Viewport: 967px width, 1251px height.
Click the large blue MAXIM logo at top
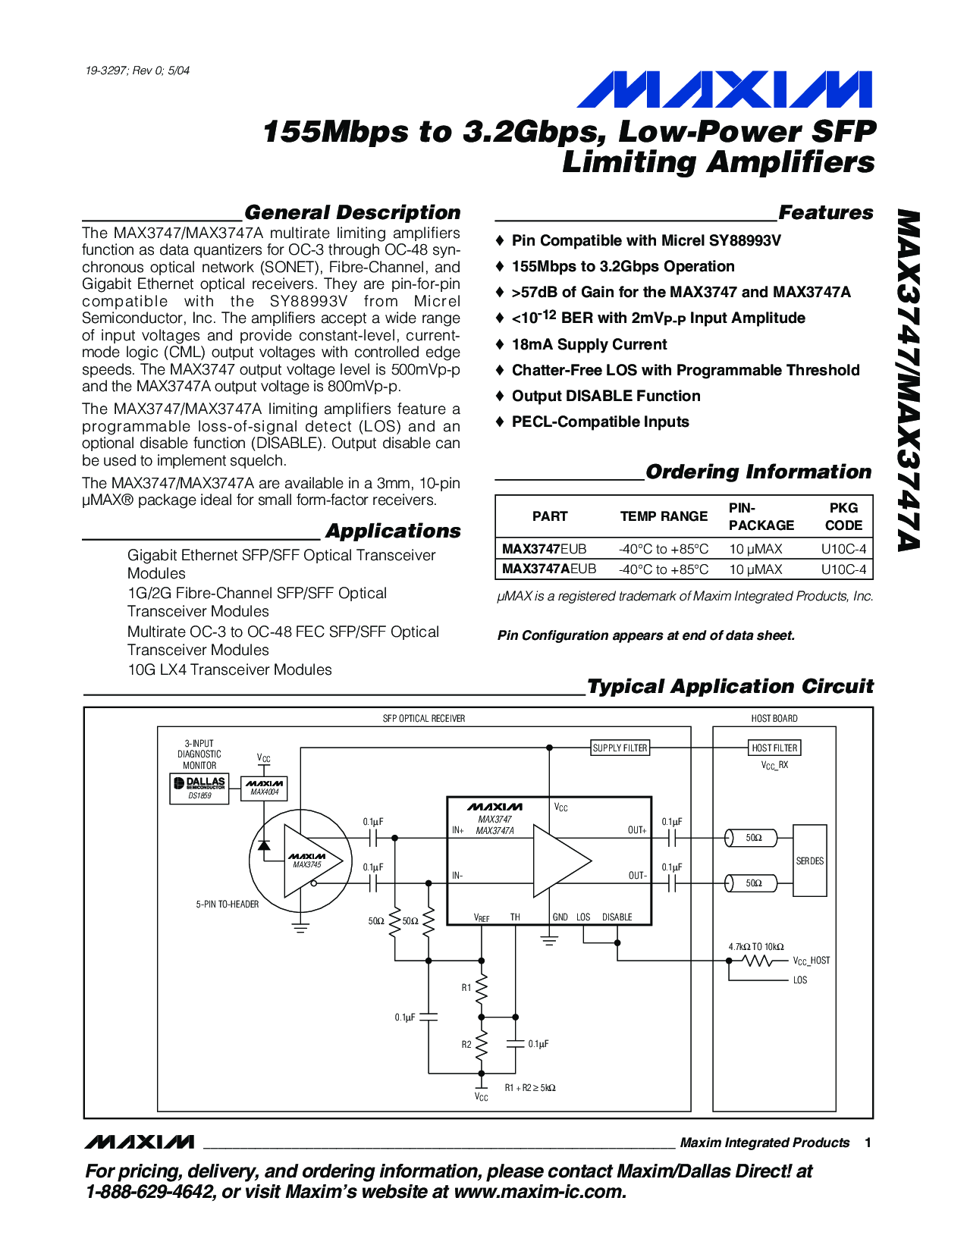point(724,90)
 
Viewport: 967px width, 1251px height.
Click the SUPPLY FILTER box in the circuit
point(620,748)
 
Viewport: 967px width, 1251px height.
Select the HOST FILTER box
point(774,748)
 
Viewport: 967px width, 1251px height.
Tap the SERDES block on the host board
point(809,861)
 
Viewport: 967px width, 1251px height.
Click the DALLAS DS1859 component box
point(199,788)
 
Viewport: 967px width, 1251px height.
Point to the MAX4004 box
point(264,788)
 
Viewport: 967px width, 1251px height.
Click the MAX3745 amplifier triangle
point(309,861)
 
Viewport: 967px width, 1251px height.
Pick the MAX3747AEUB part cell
point(549,569)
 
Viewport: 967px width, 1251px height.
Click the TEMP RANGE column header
point(664,516)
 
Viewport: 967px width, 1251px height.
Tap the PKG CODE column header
point(843,516)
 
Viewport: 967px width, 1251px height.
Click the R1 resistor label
point(466,988)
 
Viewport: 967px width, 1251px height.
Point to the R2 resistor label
point(466,1045)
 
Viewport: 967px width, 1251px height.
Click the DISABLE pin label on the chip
point(617,917)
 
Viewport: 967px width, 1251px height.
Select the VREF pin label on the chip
point(482,917)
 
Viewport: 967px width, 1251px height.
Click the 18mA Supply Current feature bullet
point(589,344)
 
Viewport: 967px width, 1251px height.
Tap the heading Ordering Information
point(758,472)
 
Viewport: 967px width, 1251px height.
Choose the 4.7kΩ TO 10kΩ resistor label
point(755,947)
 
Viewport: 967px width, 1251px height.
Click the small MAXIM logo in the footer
point(140,1142)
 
